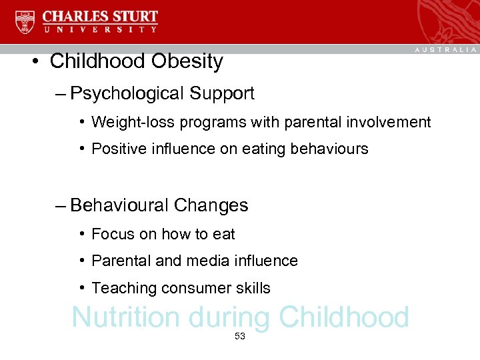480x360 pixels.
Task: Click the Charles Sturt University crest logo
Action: [25, 22]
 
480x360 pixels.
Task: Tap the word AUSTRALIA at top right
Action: [446, 50]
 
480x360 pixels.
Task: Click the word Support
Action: [222, 93]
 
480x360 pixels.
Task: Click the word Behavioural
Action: [119, 205]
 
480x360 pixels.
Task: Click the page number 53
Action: [240, 337]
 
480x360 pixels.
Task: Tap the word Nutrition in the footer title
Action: [125, 318]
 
